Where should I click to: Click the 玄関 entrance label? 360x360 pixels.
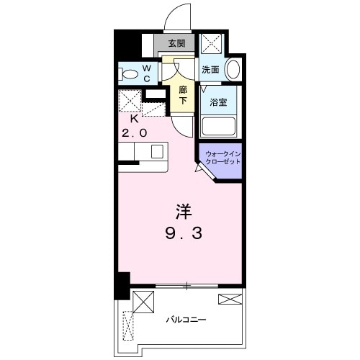(176, 43)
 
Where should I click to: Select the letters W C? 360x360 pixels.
(146, 73)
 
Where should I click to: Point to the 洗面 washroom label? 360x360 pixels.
(210, 70)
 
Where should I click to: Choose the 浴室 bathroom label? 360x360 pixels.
(219, 102)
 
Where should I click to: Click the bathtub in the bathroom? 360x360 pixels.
(219, 126)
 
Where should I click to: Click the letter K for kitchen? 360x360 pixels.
(133, 120)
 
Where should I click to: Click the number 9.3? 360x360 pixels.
(184, 234)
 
